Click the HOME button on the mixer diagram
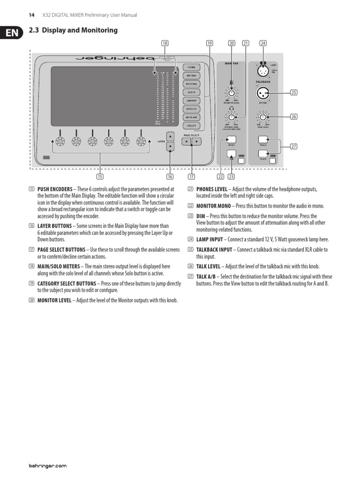[x=191, y=67]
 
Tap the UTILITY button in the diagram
[x=191, y=126]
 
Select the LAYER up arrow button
[x=171, y=136]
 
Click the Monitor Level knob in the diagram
[x=232, y=92]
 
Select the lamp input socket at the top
[x=263, y=71]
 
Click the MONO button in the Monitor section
[x=231, y=140]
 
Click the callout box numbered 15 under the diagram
[x=100, y=176]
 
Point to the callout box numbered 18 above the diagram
[x=165, y=43]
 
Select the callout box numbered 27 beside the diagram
[x=294, y=147]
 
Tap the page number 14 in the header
[x=32, y=15]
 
